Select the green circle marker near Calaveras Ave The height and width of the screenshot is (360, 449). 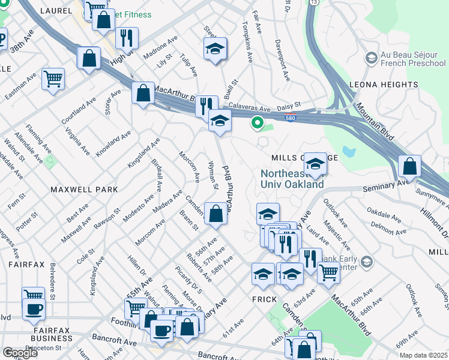pos(258,123)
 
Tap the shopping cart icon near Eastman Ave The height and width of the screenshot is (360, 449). pos(53,79)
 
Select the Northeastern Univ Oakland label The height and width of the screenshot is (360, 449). pos(292,179)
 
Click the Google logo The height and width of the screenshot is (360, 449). pos(20,353)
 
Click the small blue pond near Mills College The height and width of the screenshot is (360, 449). pos(349,152)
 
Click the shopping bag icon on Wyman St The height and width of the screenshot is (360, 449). pos(215,214)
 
